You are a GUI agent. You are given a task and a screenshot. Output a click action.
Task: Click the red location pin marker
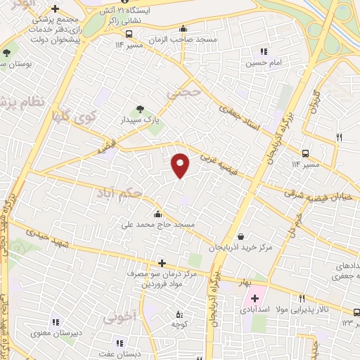181,165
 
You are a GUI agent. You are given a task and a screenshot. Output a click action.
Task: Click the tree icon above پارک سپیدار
141,109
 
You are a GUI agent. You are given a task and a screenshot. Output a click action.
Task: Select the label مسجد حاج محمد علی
159,224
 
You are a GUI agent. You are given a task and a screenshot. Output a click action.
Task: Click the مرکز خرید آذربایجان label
239,247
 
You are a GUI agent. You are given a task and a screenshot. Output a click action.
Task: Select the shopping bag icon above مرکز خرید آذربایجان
241,236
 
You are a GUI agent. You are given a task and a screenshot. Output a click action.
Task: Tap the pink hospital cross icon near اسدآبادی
255,298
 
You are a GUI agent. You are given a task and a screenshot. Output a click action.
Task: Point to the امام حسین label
263,63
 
